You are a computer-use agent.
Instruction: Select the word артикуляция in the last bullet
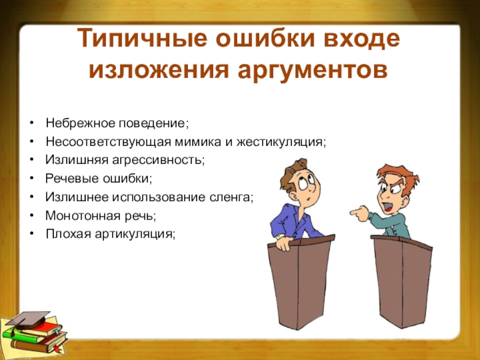pyautogui.click(x=143, y=233)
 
